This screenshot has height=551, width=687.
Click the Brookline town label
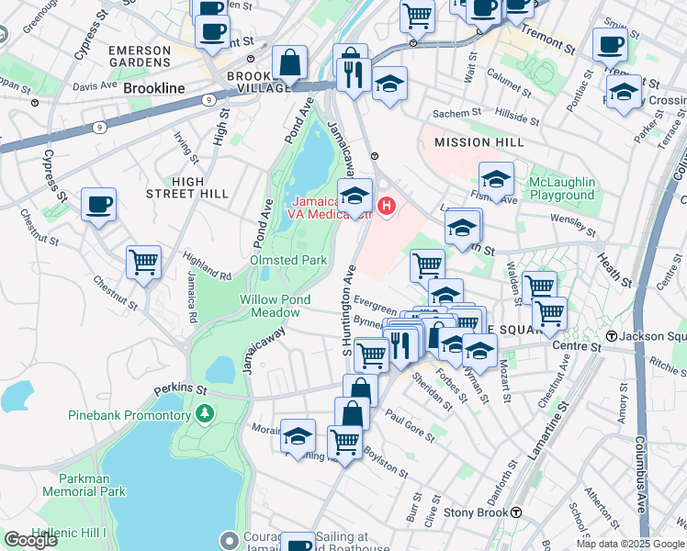point(155,88)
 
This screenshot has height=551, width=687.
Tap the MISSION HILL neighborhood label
point(479,142)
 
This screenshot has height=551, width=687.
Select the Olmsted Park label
point(288,260)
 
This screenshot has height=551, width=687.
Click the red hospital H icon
point(388,205)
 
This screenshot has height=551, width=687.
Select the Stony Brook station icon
point(517,512)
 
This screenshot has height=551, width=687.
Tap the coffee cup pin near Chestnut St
point(98,205)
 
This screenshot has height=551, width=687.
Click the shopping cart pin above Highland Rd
point(144,262)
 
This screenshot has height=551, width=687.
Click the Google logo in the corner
point(30,540)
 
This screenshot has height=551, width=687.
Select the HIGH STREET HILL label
point(187,187)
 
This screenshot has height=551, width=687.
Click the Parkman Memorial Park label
point(84,485)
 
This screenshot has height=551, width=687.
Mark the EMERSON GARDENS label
point(141,56)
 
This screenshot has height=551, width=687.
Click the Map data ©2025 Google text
point(629,544)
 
